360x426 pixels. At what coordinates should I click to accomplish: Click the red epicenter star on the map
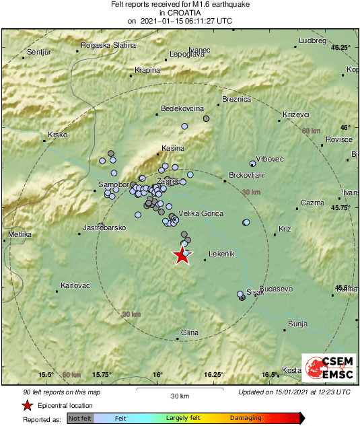(181, 256)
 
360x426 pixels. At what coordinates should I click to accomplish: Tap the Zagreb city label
(168, 182)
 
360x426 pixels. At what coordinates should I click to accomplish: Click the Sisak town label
(255, 292)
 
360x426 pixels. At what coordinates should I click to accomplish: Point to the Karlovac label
(75, 285)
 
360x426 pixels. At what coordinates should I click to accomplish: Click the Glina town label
(190, 333)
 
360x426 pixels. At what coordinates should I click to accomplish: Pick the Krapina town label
(147, 70)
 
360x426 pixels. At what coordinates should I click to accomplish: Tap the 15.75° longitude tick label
(102, 375)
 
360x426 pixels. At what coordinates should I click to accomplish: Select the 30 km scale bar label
(180, 396)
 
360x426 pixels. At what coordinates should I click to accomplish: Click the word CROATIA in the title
(180, 13)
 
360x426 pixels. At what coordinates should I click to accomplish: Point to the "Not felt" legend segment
(80, 419)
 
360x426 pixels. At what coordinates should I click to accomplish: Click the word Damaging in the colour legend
(246, 419)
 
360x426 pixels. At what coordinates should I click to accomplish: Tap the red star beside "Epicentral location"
(27, 405)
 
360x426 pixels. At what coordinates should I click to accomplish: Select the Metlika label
(20, 234)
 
